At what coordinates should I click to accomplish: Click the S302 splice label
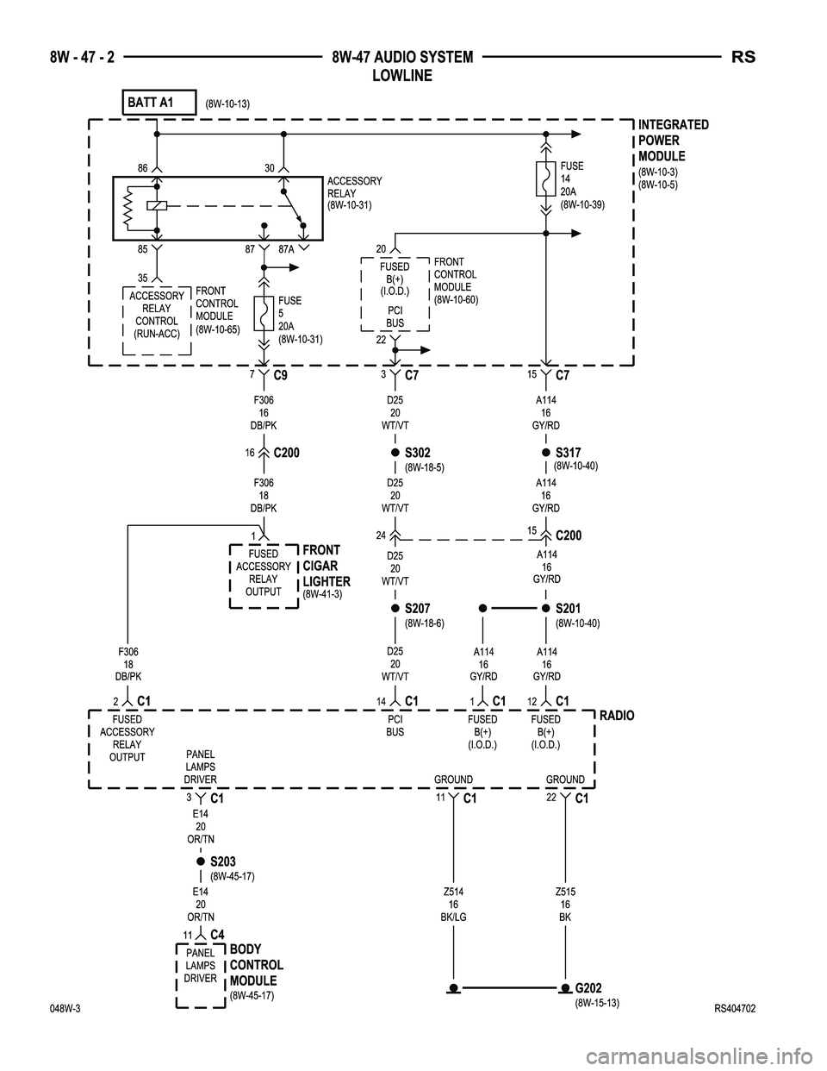click(417, 452)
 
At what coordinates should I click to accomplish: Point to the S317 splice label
click(569, 452)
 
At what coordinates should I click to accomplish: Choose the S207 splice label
click(417, 609)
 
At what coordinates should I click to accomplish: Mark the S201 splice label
click(569, 609)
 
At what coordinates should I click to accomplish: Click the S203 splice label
click(223, 861)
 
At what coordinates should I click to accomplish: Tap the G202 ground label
click(588, 987)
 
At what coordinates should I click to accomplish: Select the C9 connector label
click(280, 376)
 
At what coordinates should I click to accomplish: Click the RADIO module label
click(616, 716)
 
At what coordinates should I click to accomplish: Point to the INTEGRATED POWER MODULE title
click(674, 141)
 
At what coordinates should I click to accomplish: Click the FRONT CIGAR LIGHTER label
click(326, 566)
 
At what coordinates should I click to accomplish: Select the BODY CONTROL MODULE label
click(257, 965)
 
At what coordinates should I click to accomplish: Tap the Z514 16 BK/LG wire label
click(453, 905)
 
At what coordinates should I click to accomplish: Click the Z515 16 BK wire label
click(565, 905)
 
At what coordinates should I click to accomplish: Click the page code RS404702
click(735, 1008)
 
